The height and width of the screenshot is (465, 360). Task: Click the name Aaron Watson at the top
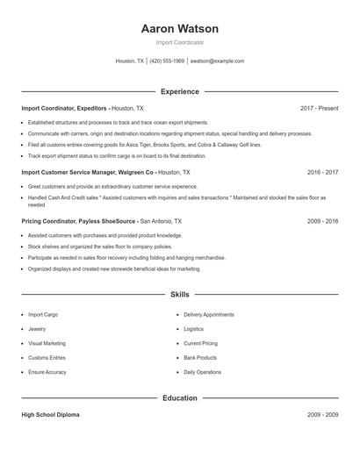[x=180, y=29]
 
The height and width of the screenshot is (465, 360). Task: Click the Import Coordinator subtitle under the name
[x=180, y=42]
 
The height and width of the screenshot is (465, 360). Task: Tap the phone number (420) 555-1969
[x=167, y=61]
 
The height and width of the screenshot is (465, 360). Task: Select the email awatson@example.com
[x=217, y=61]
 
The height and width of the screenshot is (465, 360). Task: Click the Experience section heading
[x=180, y=91]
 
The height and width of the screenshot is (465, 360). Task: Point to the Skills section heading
[x=180, y=296]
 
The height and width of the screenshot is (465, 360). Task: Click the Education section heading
[x=180, y=397]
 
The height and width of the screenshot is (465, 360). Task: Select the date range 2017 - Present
[x=319, y=108]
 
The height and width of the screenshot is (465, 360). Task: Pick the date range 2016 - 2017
[x=322, y=174]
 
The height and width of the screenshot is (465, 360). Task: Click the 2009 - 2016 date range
[x=322, y=222]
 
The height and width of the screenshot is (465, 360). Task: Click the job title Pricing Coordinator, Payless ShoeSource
[x=79, y=222]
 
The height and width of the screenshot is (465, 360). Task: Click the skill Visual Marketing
[x=47, y=343]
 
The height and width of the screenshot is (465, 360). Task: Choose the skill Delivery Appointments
[x=209, y=313]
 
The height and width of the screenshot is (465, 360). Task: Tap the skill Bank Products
[x=200, y=358]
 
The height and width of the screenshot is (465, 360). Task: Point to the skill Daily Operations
[x=203, y=373]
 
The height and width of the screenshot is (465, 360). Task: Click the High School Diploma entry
[x=53, y=414]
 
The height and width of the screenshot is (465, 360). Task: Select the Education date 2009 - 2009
[x=322, y=414]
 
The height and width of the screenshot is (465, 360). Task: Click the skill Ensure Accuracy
[x=47, y=373]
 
